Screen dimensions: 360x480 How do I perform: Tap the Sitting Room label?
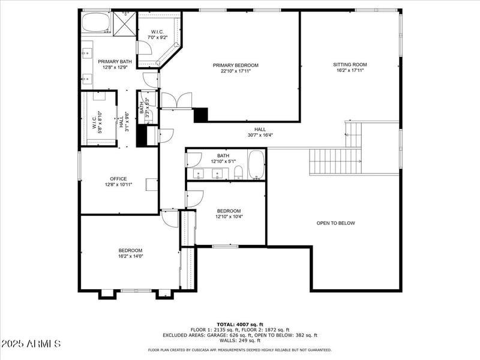click(x=350, y=64)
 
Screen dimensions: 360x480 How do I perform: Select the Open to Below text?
click(x=335, y=223)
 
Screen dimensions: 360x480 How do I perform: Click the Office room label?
click(x=118, y=178)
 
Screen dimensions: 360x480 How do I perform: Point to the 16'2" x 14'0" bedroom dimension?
click(x=130, y=256)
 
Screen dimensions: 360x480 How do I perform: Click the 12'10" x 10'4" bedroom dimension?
click(x=229, y=217)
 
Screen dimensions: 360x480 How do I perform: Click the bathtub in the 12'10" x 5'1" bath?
click(x=256, y=165)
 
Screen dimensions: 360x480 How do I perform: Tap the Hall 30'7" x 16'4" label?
click(x=260, y=132)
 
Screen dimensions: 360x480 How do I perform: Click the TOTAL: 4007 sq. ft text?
click(x=240, y=324)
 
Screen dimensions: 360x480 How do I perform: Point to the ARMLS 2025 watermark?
click(x=31, y=344)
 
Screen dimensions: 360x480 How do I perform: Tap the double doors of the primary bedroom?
click(x=176, y=101)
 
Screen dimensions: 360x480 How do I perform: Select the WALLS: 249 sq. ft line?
click(x=240, y=341)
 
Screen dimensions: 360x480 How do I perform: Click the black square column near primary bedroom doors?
click(x=200, y=115)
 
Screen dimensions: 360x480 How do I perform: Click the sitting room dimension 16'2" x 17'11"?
click(x=350, y=70)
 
